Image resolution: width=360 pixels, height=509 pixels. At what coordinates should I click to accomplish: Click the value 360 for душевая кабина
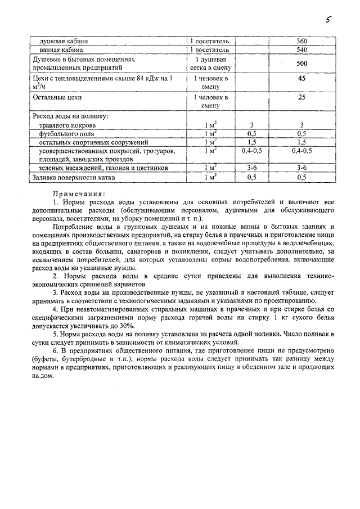point(301,42)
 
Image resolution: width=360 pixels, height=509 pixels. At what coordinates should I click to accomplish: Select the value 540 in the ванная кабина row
point(301,50)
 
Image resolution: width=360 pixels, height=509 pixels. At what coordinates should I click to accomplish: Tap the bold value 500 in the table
point(301,64)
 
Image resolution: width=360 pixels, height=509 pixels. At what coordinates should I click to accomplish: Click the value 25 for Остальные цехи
point(301,97)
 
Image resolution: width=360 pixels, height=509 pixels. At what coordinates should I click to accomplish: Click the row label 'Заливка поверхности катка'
point(74,177)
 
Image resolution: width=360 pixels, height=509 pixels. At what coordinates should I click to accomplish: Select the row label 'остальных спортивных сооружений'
point(93,142)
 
